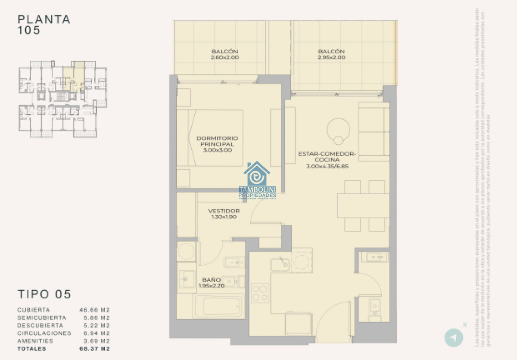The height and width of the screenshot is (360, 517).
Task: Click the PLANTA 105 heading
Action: point(44,25)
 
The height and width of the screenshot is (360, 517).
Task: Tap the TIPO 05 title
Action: point(44,295)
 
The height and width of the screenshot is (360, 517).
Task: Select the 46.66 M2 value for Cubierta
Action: point(94,310)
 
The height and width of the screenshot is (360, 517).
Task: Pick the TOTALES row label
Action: point(31,349)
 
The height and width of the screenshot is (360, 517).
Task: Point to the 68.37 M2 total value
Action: point(94,349)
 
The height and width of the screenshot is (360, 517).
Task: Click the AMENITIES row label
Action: point(35,341)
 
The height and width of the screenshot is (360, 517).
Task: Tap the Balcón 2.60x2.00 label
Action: point(224,54)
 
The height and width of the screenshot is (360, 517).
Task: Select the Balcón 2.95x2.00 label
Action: point(331,54)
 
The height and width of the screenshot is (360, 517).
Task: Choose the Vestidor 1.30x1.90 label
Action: point(224,214)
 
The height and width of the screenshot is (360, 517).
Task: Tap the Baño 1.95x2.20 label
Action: point(212,282)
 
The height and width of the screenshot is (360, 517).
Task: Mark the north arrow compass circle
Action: point(453,337)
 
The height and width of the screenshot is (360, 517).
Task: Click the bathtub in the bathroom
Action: point(217,306)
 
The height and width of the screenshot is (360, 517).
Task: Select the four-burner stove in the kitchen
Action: point(260,293)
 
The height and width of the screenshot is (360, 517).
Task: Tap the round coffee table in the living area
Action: point(338,130)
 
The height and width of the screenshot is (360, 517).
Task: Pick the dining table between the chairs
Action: point(363,206)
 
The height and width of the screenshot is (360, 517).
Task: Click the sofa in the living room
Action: point(374,132)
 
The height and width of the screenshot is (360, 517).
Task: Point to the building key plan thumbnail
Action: point(63,99)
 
